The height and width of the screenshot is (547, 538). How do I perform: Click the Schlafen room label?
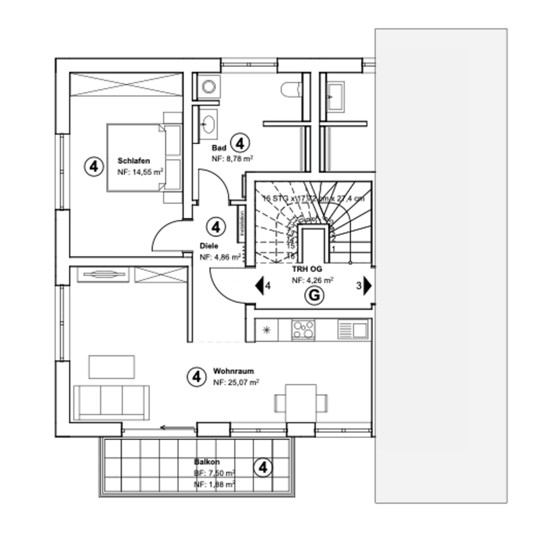[134, 160]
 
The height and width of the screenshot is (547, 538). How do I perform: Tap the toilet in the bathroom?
[291, 89]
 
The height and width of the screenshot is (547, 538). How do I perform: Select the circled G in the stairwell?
[314, 295]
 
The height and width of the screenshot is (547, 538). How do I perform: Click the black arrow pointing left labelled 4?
[260, 285]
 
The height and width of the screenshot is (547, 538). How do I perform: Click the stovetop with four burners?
[303, 329]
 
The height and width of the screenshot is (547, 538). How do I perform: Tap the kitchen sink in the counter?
[354, 329]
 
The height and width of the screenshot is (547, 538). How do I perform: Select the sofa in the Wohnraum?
[112, 402]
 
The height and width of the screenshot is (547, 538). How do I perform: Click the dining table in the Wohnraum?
[301, 402]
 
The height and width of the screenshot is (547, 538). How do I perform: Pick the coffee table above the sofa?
[112, 367]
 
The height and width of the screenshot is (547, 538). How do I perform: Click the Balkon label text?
[207, 462]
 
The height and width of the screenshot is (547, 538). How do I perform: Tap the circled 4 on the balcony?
[262, 468]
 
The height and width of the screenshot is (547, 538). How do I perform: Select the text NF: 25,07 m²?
[236, 382]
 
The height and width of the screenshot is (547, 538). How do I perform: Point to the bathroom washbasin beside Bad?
[208, 123]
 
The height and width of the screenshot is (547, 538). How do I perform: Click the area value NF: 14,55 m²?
[140, 172]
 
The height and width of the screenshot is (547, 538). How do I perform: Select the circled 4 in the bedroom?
[94, 166]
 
